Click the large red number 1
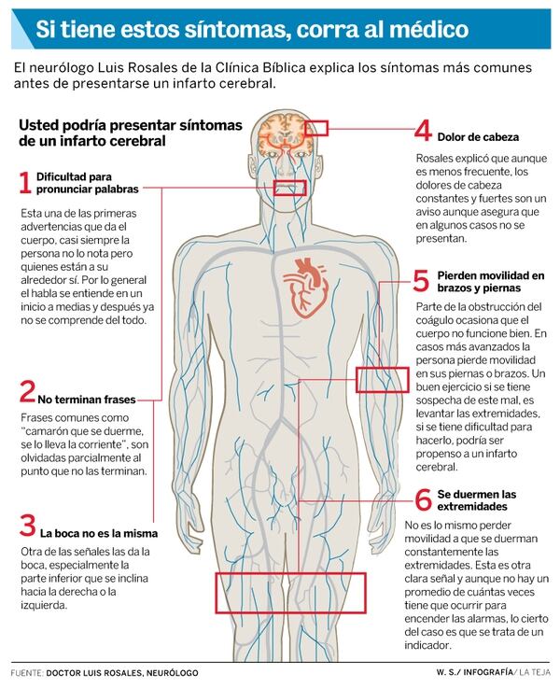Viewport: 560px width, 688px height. (x=25, y=183)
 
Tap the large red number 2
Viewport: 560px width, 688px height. (x=27, y=391)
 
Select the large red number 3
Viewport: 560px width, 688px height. (x=27, y=526)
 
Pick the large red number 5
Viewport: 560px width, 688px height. (x=421, y=281)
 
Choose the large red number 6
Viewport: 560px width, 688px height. (x=423, y=499)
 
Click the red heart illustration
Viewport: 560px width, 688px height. (x=305, y=288)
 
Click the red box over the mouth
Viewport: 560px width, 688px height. (x=289, y=188)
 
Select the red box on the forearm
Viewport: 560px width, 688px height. (x=382, y=380)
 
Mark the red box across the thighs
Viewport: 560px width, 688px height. (x=290, y=593)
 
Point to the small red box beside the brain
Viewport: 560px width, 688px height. (x=316, y=128)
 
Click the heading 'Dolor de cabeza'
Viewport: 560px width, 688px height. (x=478, y=137)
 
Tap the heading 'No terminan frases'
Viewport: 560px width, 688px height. (x=87, y=400)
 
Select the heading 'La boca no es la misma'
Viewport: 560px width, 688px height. (x=99, y=534)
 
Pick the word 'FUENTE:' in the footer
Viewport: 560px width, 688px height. (x=27, y=673)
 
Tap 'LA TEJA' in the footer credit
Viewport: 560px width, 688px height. (x=534, y=672)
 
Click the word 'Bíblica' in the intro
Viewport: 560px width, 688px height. (x=284, y=68)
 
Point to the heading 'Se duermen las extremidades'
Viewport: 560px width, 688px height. (x=477, y=500)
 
